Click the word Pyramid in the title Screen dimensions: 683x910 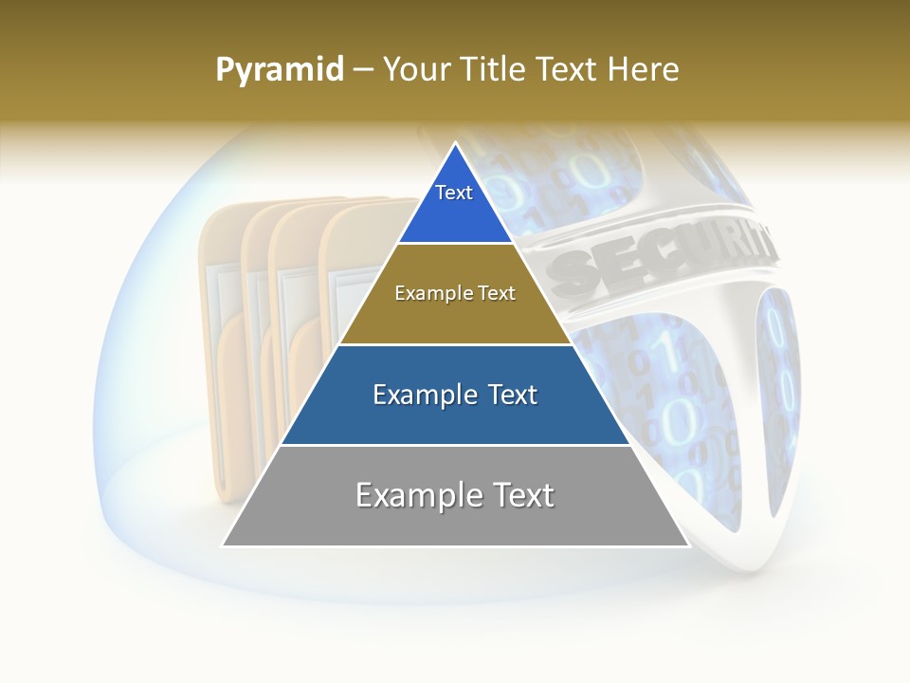280,70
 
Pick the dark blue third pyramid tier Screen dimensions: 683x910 455,417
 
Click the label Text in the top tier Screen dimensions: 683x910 454,193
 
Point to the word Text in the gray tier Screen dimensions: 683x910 520,495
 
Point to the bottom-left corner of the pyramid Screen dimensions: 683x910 223,545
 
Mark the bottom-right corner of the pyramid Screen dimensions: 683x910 688,545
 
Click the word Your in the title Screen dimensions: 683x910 415,69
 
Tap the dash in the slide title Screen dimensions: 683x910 363,70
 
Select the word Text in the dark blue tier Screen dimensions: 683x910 508,395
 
